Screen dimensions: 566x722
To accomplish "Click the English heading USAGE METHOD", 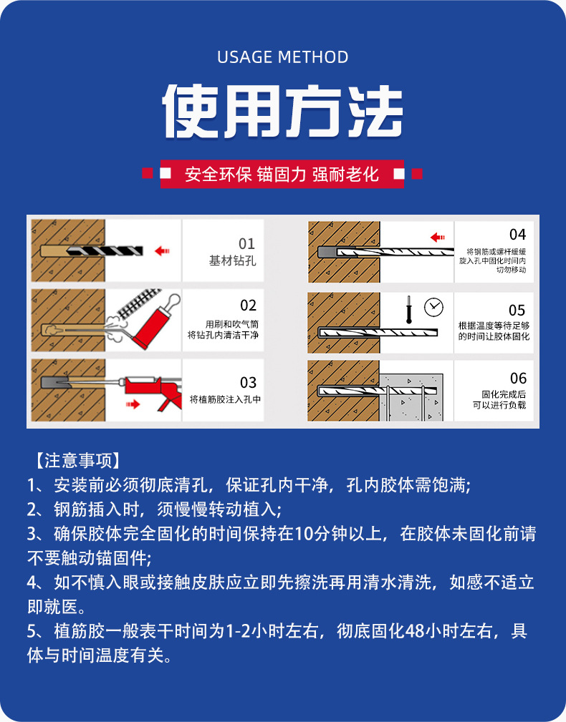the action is [282, 57].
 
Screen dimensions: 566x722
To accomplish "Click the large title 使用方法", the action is [282, 111].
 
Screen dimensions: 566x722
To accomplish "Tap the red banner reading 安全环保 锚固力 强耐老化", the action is [282, 174].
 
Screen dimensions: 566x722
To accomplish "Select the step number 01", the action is [246, 243].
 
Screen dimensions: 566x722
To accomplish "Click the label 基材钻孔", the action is [232, 260].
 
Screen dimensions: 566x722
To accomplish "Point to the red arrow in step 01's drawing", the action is [162, 251].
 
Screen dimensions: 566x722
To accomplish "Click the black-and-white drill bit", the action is [105, 251].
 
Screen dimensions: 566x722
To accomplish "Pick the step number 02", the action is [248, 306].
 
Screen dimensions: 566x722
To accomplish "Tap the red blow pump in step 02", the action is [150, 323].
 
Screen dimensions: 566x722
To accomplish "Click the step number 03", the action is [248, 382].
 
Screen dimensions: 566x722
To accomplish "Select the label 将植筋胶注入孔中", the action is [225, 399].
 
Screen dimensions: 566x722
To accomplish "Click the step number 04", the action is [517, 235].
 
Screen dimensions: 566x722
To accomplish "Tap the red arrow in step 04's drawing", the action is [438, 237].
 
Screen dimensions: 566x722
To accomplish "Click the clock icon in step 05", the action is [433, 307].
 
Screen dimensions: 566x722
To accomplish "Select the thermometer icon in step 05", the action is [408, 309].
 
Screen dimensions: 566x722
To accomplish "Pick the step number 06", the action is [518, 379].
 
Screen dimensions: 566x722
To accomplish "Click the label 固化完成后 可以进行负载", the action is [499, 400].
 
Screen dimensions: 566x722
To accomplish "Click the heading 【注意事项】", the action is [78, 460].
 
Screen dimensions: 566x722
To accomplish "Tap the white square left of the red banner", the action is [166, 174].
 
